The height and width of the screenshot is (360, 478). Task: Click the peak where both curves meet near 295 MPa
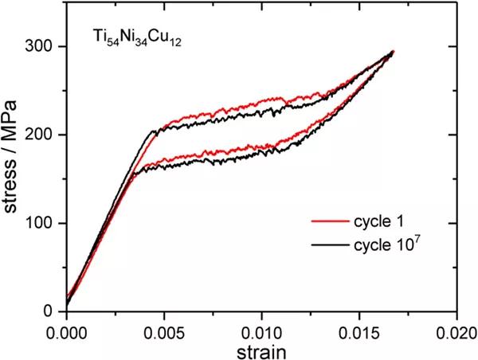coord(393,52)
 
